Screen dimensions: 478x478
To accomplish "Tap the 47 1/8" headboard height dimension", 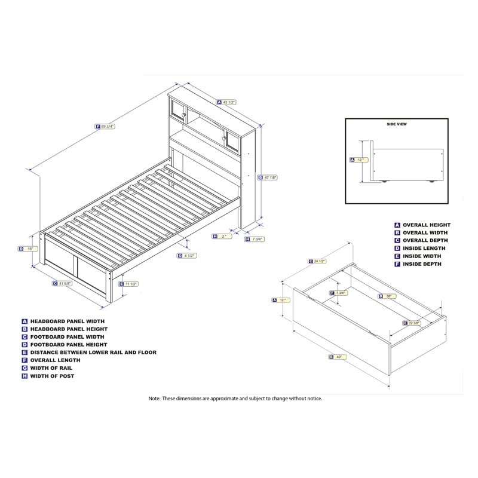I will (269, 177).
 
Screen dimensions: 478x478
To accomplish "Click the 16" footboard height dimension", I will (27, 249).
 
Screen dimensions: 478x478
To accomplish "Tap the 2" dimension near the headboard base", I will (222, 236).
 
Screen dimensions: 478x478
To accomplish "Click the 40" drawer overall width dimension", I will (338, 357).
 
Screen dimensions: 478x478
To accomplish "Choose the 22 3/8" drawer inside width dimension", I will (412, 323).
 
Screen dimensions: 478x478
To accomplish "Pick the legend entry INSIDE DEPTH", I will (421, 263).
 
